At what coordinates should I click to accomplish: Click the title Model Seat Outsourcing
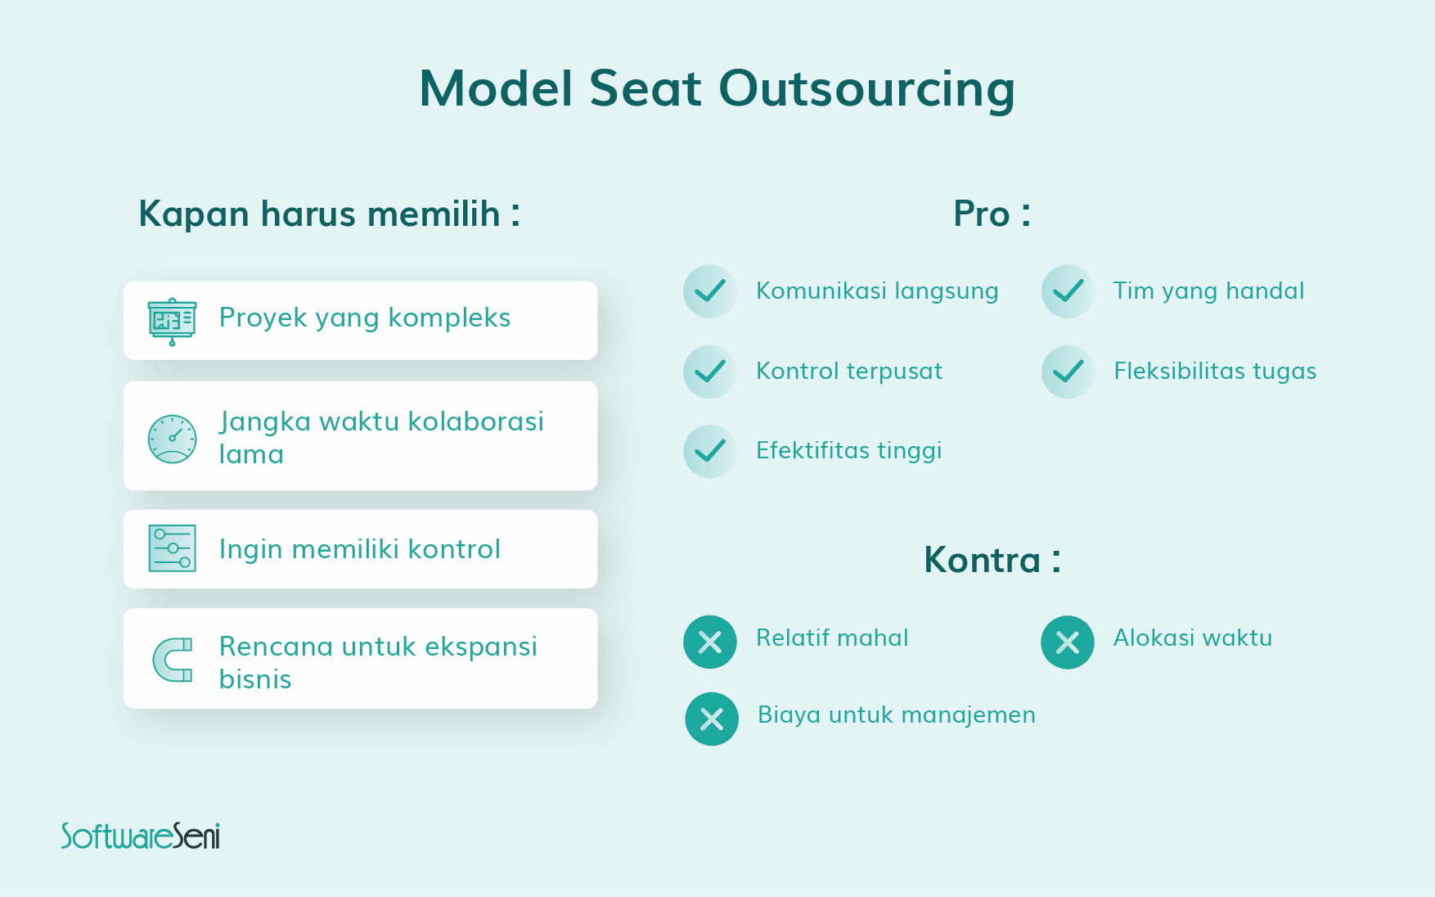(x=717, y=88)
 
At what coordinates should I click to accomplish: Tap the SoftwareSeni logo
(x=141, y=836)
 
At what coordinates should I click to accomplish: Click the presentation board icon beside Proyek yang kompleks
(x=172, y=322)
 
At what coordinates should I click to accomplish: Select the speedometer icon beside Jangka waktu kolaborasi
(x=172, y=439)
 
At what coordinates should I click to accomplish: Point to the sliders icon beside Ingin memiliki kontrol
(x=172, y=548)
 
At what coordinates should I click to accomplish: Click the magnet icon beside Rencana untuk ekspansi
(x=173, y=660)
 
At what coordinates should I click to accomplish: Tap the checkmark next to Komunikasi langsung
(x=710, y=291)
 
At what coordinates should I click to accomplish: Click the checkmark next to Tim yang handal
(x=1068, y=291)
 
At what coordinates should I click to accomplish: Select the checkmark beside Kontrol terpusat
(x=710, y=372)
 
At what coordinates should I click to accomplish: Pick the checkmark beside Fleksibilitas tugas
(x=1068, y=372)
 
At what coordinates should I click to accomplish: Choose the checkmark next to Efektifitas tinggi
(x=710, y=451)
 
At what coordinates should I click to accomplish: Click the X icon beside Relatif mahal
(x=710, y=642)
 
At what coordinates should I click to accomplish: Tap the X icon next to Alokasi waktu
(x=1068, y=642)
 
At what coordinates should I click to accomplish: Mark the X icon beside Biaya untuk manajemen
(x=712, y=719)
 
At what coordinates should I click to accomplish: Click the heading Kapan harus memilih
(x=329, y=214)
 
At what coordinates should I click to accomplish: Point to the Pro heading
(x=992, y=214)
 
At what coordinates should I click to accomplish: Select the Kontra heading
(x=992, y=561)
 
